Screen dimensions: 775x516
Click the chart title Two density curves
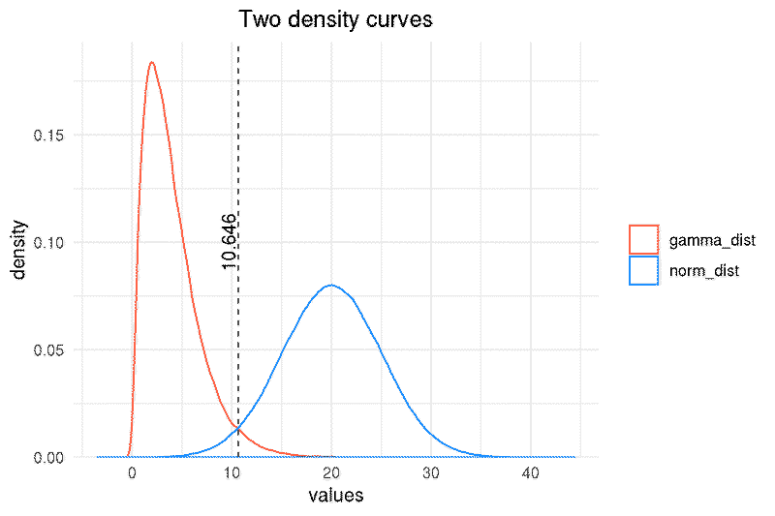click(335, 19)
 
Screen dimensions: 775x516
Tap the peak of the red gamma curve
click(152, 62)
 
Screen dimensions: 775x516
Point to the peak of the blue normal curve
click(331, 285)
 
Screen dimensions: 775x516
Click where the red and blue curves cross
click(237, 427)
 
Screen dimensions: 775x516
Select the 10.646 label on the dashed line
click(229, 241)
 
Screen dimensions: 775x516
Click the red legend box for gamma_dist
click(643, 239)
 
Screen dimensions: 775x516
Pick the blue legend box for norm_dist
click(643, 270)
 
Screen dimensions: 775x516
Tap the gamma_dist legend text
click(712, 240)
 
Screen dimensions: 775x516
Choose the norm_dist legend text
click(704, 271)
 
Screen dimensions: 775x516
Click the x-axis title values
click(336, 496)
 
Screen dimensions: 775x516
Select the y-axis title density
click(18, 250)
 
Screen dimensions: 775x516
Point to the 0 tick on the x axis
click(132, 473)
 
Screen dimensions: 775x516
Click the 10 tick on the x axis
click(232, 473)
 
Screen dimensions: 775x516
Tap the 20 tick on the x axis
click(331, 473)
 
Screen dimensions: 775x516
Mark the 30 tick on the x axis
click(431, 473)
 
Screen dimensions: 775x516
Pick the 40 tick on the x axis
click(531, 473)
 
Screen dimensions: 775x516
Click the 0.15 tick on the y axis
click(49, 136)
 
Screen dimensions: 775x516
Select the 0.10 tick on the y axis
click(49, 242)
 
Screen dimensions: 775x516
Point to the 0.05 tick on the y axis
click(49, 350)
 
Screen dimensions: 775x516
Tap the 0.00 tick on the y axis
click(49, 458)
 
